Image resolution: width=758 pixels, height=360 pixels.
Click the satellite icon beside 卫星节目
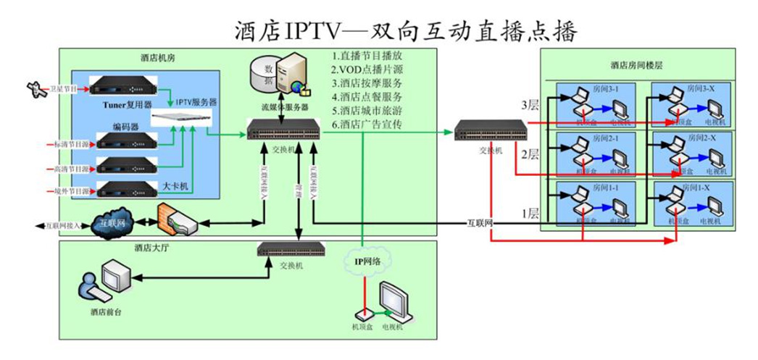33,89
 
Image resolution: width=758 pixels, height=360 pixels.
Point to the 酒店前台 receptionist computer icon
106,282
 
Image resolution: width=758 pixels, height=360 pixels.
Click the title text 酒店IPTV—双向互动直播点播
405,31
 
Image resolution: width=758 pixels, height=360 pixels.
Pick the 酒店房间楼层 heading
637,64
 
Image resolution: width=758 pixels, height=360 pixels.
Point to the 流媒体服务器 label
285,106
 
